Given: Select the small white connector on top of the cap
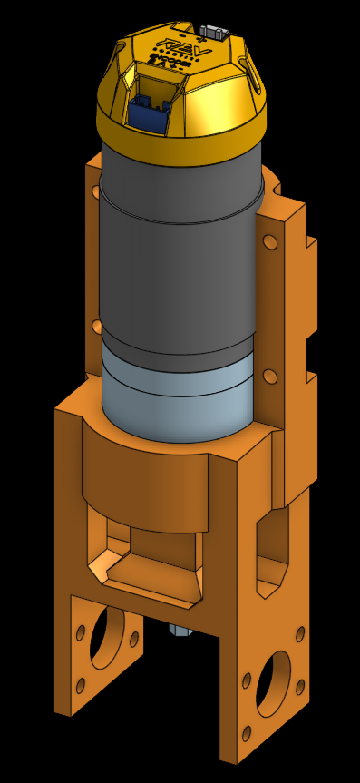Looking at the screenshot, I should (x=215, y=33).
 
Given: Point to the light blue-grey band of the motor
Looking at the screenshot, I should (x=177, y=399).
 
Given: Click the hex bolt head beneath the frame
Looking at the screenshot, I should (x=179, y=629).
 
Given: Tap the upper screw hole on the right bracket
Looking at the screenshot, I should (x=270, y=242).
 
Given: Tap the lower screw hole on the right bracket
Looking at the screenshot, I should (x=269, y=376).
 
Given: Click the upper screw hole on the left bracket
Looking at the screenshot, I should (x=97, y=192).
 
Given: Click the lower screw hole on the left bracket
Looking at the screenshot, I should (x=97, y=326).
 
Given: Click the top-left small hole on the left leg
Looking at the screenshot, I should (x=81, y=631).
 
